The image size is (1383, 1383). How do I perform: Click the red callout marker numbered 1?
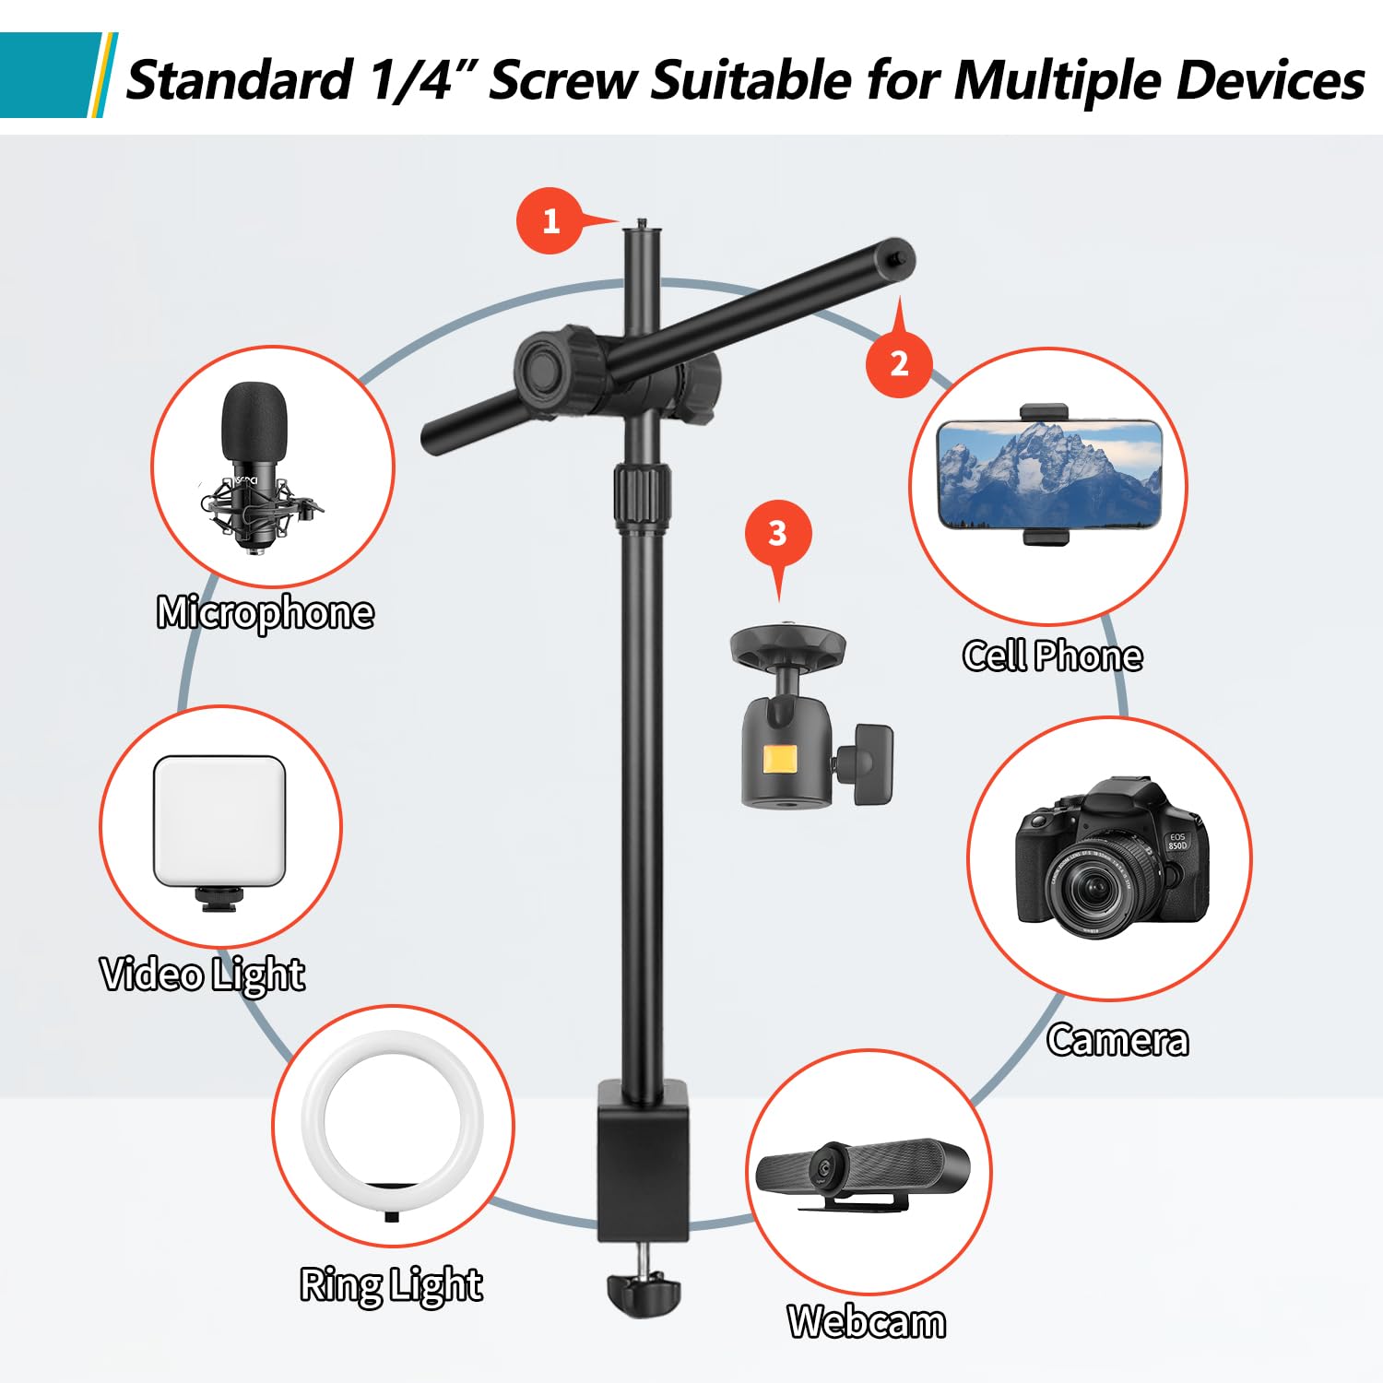pyautogui.click(x=550, y=221)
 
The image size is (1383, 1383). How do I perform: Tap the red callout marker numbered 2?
pyautogui.click(x=899, y=363)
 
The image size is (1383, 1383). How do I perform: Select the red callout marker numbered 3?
pyautogui.click(x=777, y=534)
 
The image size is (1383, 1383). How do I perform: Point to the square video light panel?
pyautogui.click(x=219, y=821)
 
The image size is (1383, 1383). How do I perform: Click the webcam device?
pyautogui.click(x=861, y=1171)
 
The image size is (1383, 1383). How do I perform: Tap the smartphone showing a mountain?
pyautogui.click(x=1048, y=475)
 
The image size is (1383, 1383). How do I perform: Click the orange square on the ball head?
pyautogui.click(x=779, y=760)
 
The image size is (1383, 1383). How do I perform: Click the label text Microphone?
pyautogui.click(x=266, y=613)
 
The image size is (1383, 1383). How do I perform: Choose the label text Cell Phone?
pyautogui.click(x=1052, y=656)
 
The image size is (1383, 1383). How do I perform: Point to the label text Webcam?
pyautogui.click(x=867, y=1322)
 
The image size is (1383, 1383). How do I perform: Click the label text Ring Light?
pyautogui.click(x=391, y=1285)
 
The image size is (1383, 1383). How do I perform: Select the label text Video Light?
pyautogui.click(x=203, y=975)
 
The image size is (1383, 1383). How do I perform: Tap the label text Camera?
pyautogui.click(x=1117, y=1041)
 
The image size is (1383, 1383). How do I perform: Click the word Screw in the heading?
pyautogui.click(x=563, y=80)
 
